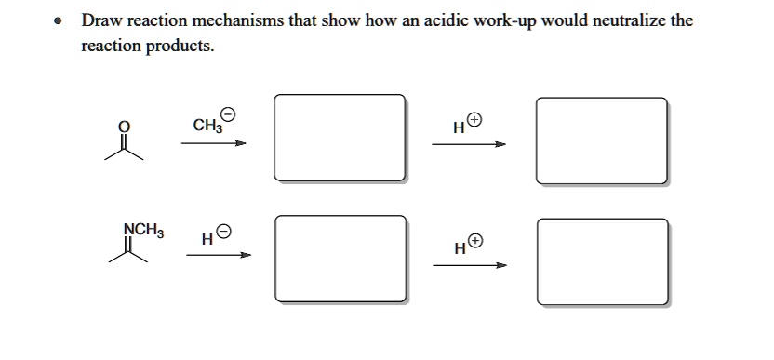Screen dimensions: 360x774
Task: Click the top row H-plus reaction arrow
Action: (470, 144)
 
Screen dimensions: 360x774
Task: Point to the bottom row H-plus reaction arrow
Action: (470, 265)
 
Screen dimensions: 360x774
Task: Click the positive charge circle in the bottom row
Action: (475, 242)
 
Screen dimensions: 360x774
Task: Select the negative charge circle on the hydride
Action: (224, 232)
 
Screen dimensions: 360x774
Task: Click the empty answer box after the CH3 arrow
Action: (340, 137)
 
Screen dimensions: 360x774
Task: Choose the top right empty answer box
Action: (602, 140)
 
